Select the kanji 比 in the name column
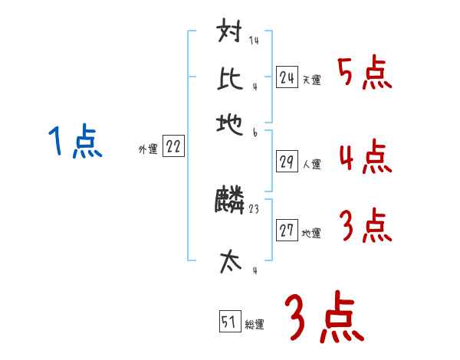(x=230, y=78)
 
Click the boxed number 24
(x=287, y=77)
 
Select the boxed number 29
(x=287, y=162)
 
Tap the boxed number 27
(x=287, y=231)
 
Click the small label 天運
(x=311, y=80)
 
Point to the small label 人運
(x=311, y=164)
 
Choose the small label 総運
(x=255, y=325)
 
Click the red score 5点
(x=363, y=75)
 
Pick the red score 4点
(x=363, y=157)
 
